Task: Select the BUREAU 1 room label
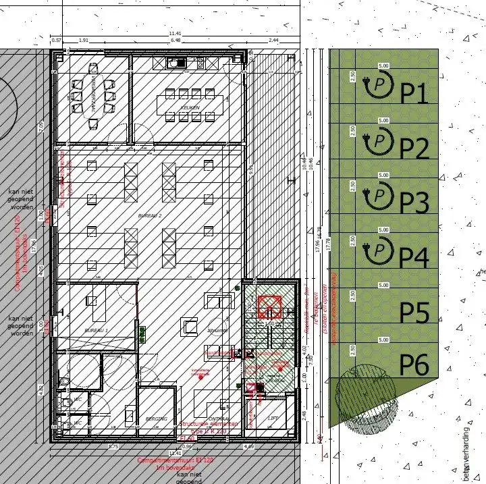(96, 330)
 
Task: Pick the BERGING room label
(157, 419)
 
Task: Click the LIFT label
(273, 419)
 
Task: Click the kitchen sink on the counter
(177, 63)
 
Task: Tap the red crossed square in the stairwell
(270, 307)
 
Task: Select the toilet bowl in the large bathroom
(63, 381)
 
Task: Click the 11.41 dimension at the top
(175, 34)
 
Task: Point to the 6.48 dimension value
(177, 41)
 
